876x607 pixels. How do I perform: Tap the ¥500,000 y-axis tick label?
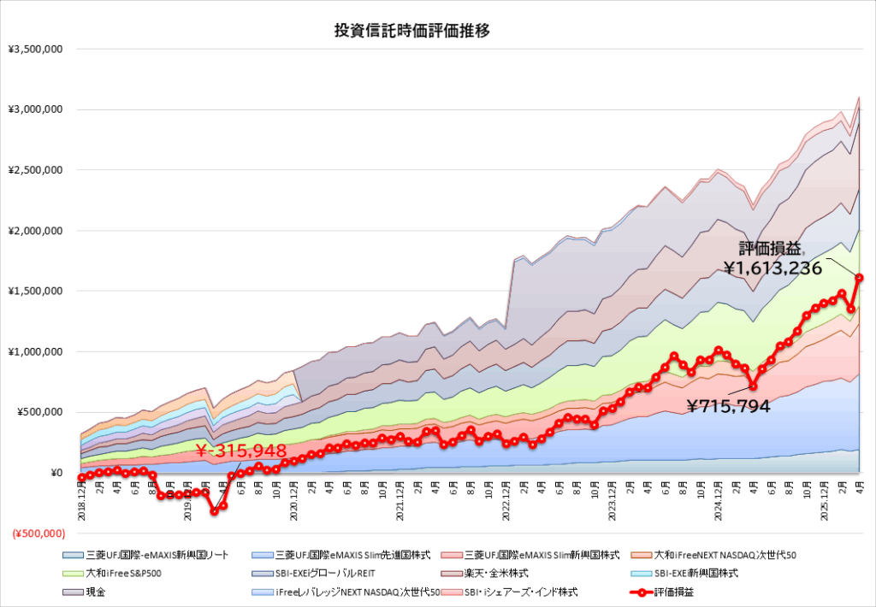pos(39,412)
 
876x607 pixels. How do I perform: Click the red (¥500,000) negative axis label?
pos(38,533)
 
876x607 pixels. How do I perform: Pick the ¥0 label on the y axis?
pos(56,473)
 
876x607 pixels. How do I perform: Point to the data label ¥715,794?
pos(728,407)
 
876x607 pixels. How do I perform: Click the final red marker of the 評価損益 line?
pos(859,277)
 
